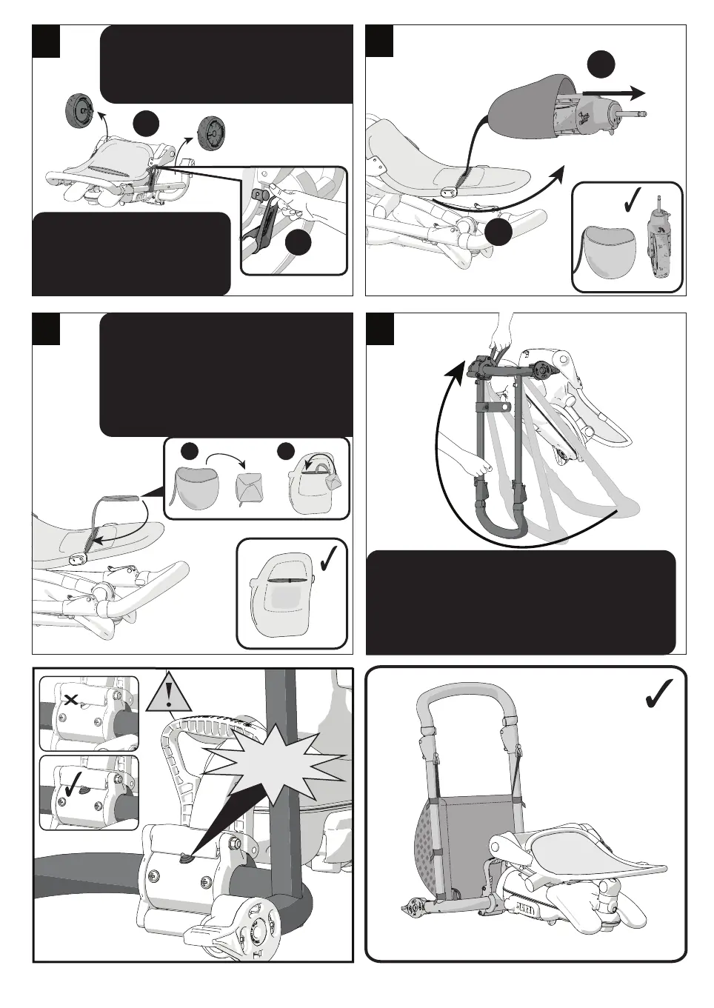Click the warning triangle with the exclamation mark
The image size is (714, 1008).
coord(170,695)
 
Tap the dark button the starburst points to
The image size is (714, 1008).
coord(186,857)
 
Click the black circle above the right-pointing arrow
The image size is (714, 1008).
coord(601,64)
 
